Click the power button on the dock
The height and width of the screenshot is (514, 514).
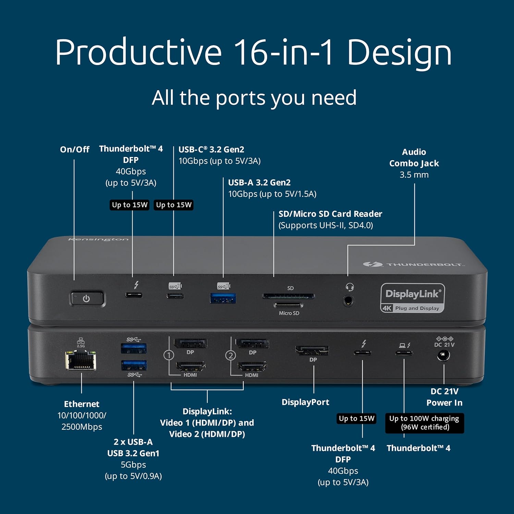tap(87, 298)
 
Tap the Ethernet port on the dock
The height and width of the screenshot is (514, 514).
tap(81, 360)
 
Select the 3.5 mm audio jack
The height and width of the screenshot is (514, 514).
tap(348, 301)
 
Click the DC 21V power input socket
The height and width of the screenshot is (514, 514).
tap(443, 356)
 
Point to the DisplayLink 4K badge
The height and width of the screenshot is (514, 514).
tap(413, 298)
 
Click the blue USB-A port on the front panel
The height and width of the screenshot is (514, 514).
tap(223, 298)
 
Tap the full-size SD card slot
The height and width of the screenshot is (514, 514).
tap(288, 296)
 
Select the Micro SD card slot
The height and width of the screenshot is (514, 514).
tap(288, 305)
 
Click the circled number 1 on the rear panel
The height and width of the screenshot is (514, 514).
tap(169, 355)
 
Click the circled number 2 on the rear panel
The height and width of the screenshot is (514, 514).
tap(231, 355)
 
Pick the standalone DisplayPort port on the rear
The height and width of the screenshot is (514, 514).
tap(312, 350)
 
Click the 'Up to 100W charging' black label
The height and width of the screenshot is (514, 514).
tap(424, 423)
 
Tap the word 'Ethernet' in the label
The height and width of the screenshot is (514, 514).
tap(82, 404)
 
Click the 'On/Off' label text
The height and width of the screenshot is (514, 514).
tap(74, 149)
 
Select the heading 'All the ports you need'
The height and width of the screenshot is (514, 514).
tap(254, 98)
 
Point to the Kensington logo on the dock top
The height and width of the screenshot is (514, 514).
tap(98, 239)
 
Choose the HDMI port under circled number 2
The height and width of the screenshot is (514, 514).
tap(252, 367)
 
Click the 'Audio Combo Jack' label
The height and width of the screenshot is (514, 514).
tap(414, 158)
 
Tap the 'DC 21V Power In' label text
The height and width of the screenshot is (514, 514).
tap(444, 397)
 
